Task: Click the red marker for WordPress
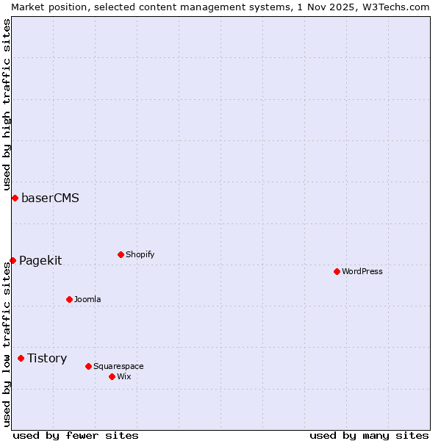coord(337,271)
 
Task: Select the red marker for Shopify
coord(121,254)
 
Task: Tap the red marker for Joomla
coord(69,299)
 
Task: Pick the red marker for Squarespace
coord(88,366)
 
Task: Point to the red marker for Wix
coord(112,376)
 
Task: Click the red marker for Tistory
coord(21,358)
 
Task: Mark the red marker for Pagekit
coord(12,260)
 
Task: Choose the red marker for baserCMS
coord(15,198)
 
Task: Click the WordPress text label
coord(362,271)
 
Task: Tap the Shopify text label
coord(140,254)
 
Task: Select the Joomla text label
coord(87,299)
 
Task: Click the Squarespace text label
coord(118,366)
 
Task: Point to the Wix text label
coord(124,376)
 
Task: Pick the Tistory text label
coord(47,358)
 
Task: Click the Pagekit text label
coord(40,260)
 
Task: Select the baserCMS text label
coord(50,198)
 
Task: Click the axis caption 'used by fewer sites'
coord(76,435)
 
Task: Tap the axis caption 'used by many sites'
coord(369,435)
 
